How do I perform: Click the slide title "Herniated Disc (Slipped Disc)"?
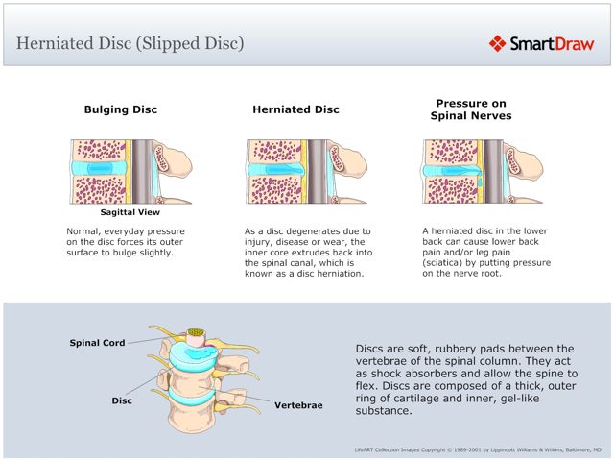[x=130, y=43]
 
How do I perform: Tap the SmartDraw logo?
[x=542, y=43]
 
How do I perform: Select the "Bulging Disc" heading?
[x=121, y=109]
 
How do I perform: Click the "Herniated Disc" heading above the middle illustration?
[x=295, y=109]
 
